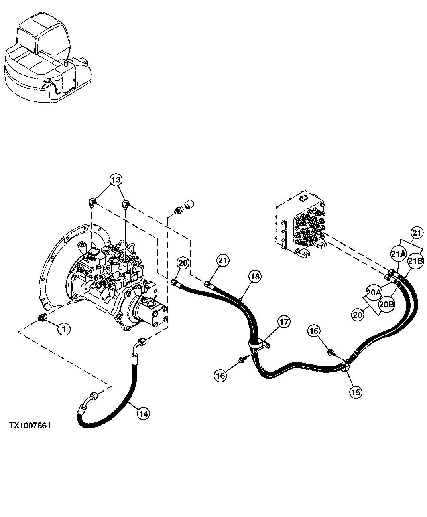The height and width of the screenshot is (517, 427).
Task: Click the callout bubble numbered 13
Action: [x=115, y=180]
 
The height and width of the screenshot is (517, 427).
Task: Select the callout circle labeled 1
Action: [x=64, y=329]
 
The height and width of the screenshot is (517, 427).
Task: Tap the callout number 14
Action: [x=144, y=414]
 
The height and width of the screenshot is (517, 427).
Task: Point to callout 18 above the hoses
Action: [x=255, y=276]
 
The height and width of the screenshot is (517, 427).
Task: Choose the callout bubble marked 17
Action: [x=284, y=322]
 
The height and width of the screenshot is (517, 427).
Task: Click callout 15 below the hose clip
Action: [x=356, y=392]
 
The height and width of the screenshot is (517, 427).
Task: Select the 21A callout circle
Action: [x=398, y=254]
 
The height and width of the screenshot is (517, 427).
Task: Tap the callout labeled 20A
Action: [x=374, y=293]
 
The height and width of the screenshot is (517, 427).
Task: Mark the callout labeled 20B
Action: [x=386, y=304]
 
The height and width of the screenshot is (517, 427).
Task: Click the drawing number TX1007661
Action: [x=30, y=426]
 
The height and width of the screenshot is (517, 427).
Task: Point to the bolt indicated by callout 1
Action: [x=41, y=318]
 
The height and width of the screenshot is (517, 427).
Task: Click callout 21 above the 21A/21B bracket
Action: [x=416, y=232]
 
